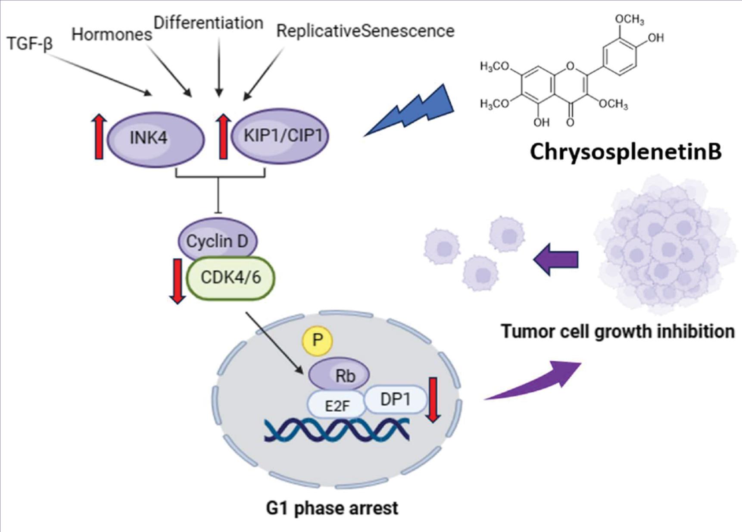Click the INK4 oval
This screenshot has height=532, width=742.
point(155,138)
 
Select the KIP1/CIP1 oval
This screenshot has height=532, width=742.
point(281,135)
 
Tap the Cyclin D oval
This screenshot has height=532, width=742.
point(218,241)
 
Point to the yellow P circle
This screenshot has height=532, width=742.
point(318,341)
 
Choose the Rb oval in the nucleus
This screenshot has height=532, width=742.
point(340,375)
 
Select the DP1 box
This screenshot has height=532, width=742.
point(396,400)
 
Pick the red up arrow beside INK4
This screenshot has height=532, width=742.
point(99,137)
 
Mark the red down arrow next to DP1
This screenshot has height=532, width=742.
point(433,399)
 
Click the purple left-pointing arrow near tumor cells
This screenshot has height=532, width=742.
point(556,260)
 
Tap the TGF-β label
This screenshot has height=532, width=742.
point(30,44)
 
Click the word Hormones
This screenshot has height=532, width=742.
point(112,34)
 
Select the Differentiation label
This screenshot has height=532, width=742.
point(209,23)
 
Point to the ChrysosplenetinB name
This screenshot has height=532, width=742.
point(625,152)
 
